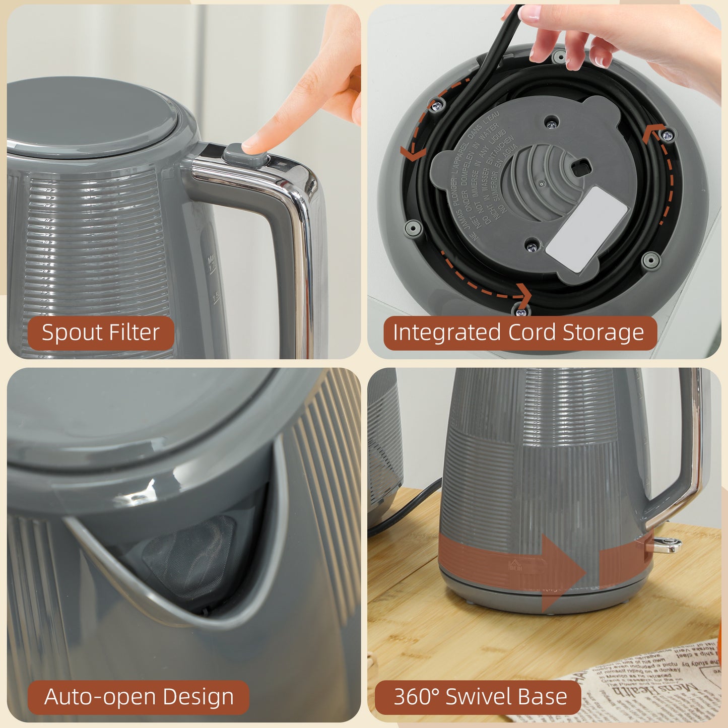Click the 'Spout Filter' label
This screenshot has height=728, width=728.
click(100, 333)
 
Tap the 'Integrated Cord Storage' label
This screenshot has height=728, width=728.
click(519, 333)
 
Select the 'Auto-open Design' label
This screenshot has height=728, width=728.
click(139, 697)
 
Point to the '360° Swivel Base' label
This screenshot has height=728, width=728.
click(480, 697)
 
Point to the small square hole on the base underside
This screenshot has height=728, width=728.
click(581, 167)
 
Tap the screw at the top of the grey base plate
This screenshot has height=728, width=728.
click(552, 123)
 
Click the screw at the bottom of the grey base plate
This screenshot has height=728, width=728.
click(532, 247)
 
